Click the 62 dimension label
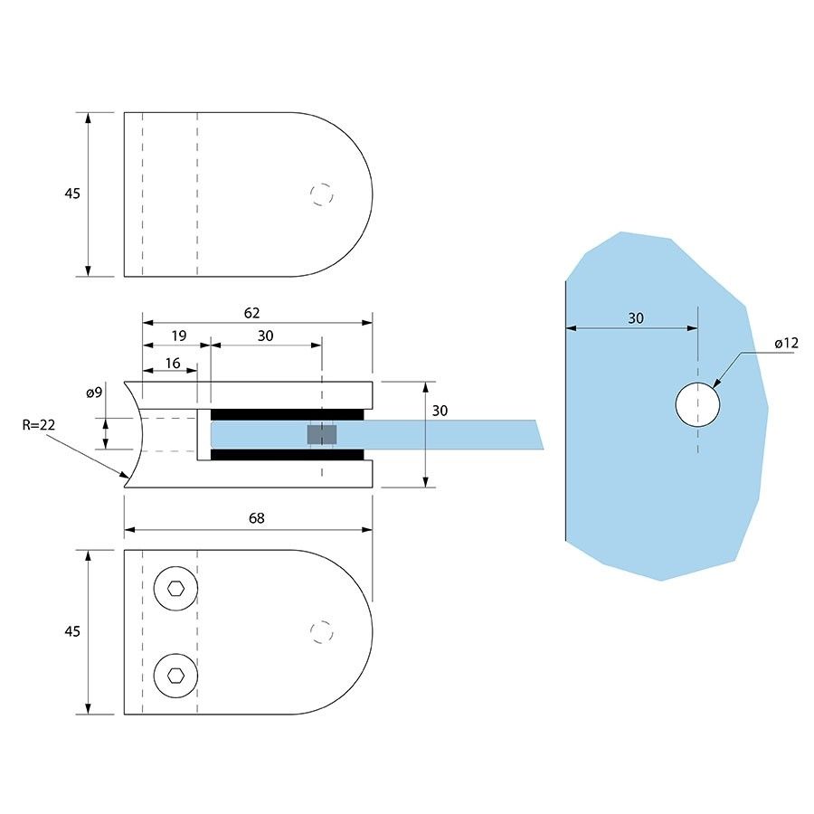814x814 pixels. pyautogui.click(x=251, y=313)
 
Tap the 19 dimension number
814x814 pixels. pyautogui.click(x=178, y=336)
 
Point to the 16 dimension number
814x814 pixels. pyautogui.click(x=173, y=363)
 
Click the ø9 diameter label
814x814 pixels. pyautogui.click(x=94, y=393)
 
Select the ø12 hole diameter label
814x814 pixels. pyautogui.click(x=787, y=344)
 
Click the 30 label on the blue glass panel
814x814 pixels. pyautogui.click(x=636, y=317)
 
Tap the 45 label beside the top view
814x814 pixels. pyautogui.click(x=72, y=194)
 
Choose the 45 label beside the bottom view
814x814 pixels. pyautogui.click(x=72, y=630)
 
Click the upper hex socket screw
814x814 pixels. pyautogui.click(x=175, y=591)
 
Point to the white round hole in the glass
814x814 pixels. pyautogui.click(x=698, y=403)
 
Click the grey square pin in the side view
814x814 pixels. pyautogui.click(x=321, y=435)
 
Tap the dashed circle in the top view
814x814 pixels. pyautogui.click(x=321, y=194)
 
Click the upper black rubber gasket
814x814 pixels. pyautogui.click(x=288, y=413)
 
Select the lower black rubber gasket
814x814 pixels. pyautogui.click(x=288, y=454)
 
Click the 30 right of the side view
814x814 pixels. pyautogui.click(x=440, y=411)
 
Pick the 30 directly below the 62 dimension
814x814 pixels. pyautogui.click(x=265, y=336)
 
